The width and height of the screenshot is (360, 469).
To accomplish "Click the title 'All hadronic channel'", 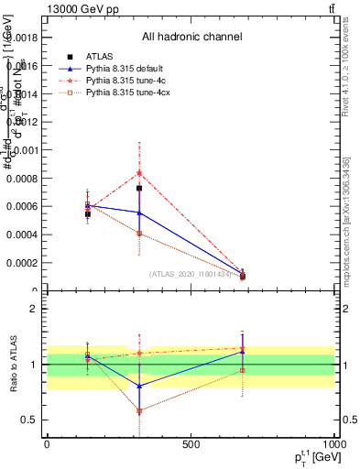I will (191, 38).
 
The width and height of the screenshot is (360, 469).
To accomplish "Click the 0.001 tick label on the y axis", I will (25, 149).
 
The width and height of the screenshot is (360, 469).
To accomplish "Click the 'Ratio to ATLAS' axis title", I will (13, 365).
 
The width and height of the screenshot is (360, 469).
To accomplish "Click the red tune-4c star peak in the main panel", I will (139, 172).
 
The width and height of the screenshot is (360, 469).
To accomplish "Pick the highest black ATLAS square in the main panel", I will (139, 188).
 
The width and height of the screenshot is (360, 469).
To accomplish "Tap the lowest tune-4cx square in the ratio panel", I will (139, 410).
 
